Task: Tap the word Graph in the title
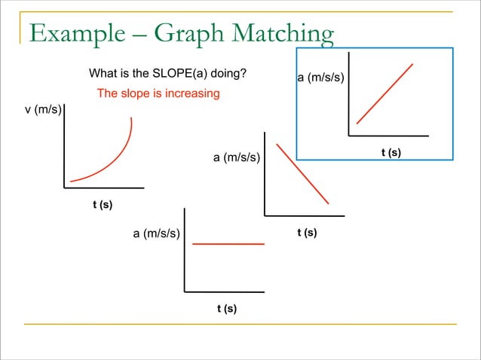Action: pos(190,34)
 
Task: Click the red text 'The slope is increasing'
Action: pos(158,93)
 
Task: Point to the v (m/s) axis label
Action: pos(43,110)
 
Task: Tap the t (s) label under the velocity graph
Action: pos(103,204)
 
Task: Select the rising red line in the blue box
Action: pos(384,93)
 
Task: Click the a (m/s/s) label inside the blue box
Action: pos(321,78)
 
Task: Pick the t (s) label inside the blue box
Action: pos(391,153)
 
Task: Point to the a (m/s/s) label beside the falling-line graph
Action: pos(237,158)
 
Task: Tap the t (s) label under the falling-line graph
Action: pos(306,233)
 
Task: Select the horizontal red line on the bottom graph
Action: pos(228,244)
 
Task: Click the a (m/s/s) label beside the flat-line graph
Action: pos(157,233)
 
